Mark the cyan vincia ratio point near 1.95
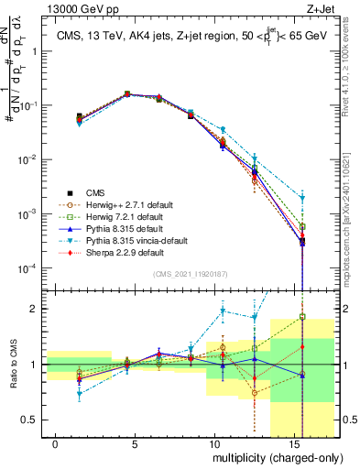[x=223, y=311]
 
